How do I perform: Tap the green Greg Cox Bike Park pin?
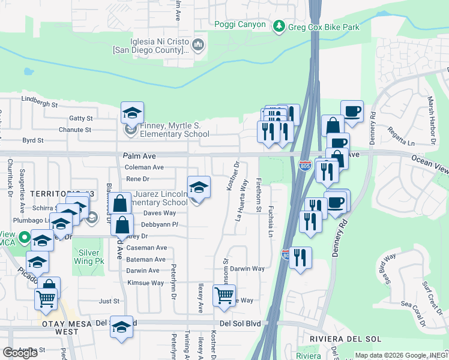tap(279, 26)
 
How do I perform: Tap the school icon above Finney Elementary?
tap(132, 113)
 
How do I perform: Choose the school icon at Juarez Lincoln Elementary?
tap(199, 187)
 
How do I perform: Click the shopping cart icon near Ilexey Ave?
tap(224, 295)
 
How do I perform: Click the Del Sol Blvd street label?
tap(240, 323)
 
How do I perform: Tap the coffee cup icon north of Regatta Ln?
tap(352, 112)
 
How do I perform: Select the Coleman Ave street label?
tap(145, 167)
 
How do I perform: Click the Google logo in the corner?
tap(20, 353)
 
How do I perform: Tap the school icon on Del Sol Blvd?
tap(121, 327)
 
